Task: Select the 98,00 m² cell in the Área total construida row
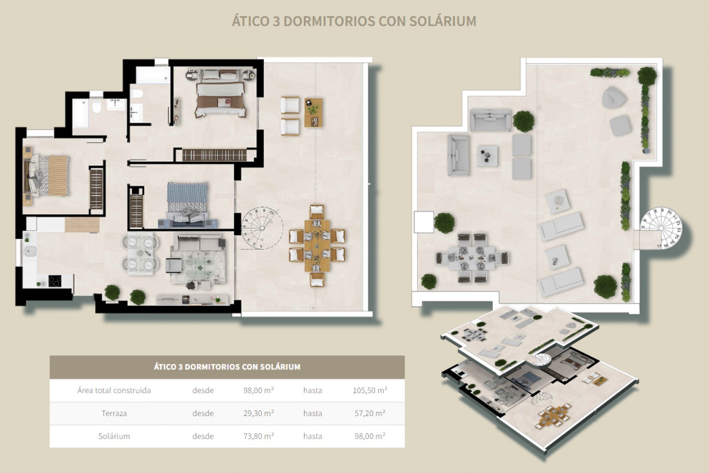258,390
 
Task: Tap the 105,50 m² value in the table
370,390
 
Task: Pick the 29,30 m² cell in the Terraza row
258,413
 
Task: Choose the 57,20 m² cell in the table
370,413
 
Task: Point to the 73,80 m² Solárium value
258,436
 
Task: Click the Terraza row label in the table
114,413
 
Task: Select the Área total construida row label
114,390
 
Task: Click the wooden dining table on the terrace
317,245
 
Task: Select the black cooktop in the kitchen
55,281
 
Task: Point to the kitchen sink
30,251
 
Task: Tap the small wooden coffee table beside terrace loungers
313,112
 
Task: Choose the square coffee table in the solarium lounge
487,156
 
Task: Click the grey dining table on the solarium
472,258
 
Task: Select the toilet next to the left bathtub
96,108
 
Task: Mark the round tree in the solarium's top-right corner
647,75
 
